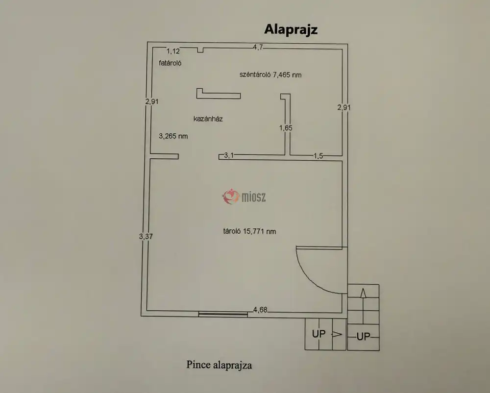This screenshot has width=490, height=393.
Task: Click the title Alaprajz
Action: pyautogui.click(x=291, y=29)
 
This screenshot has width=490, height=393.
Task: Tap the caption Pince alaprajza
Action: pyautogui.click(x=219, y=365)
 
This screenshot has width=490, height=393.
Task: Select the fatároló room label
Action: pyautogui.click(x=171, y=63)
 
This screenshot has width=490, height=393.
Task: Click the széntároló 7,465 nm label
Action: pyautogui.click(x=270, y=75)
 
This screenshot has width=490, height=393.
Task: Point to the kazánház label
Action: pyautogui.click(x=208, y=119)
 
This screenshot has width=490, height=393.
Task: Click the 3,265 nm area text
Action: pyautogui.click(x=173, y=136)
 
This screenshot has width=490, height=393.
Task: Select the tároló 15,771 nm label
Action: pyautogui.click(x=249, y=231)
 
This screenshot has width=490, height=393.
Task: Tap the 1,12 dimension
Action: pyautogui.click(x=174, y=51)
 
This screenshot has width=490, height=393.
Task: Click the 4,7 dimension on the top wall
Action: pyautogui.click(x=258, y=47)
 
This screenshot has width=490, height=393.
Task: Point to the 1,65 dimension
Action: pyautogui.click(x=286, y=128)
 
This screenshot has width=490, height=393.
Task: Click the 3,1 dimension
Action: pyautogui.click(x=229, y=156)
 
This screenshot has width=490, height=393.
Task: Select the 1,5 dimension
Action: pyautogui.click(x=318, y=156)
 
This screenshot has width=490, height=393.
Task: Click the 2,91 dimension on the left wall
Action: pyautogui.click(x=152, y=101)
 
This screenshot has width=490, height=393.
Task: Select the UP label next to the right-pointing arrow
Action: pyautogui.click(x=319, y=334)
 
